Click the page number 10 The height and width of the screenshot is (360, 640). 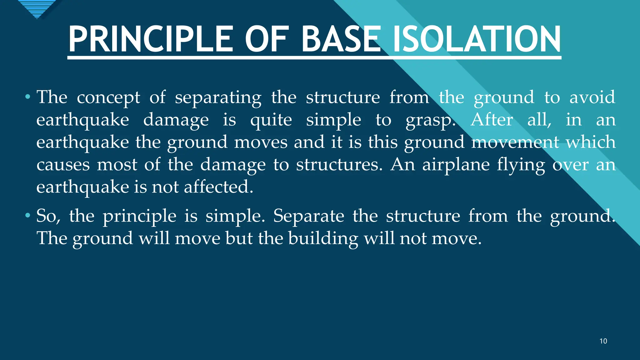603,341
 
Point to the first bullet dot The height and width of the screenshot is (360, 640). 28,97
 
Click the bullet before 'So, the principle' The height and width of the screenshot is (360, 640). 28,216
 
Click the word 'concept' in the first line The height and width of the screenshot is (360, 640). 108,97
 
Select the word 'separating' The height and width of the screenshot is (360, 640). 218,97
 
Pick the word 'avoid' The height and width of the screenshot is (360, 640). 592,97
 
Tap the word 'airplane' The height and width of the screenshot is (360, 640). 456,165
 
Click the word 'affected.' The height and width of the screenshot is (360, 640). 218,187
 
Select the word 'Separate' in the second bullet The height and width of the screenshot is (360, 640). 308,216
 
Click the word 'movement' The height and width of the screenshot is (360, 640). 515,142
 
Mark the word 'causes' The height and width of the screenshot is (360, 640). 63,165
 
